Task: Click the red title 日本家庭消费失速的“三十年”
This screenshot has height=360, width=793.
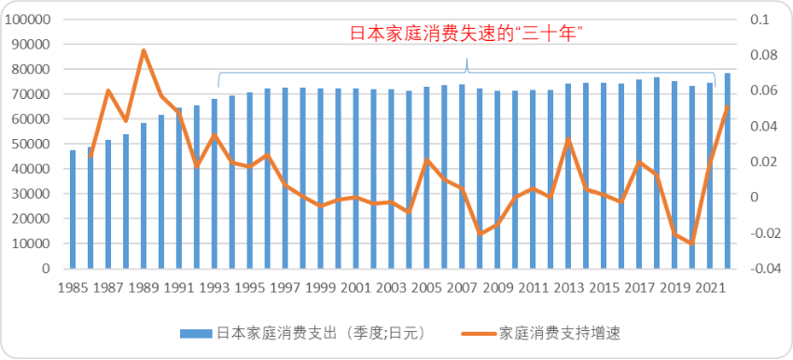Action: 466,34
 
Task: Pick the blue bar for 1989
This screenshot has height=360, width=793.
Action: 144,196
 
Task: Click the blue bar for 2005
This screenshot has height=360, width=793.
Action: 426,177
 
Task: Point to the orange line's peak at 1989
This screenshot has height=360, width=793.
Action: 144,49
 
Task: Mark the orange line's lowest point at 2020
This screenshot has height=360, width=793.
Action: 692,243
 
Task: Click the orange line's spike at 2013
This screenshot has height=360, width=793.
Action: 568,139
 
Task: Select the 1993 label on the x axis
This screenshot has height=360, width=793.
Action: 215,286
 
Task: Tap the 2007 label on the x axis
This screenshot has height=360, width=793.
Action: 462,286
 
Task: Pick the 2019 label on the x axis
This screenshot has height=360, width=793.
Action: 675,286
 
